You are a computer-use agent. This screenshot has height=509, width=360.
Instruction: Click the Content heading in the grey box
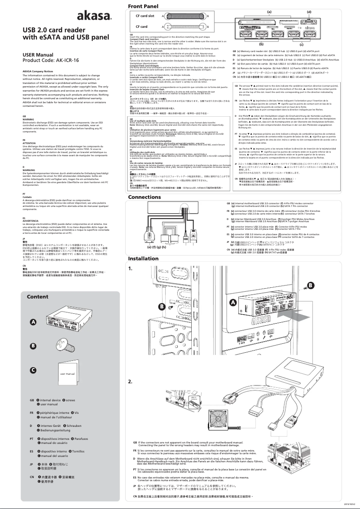38,297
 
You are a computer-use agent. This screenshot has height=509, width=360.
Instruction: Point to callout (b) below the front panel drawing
261,45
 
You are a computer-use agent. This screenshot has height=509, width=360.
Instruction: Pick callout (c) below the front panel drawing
301,45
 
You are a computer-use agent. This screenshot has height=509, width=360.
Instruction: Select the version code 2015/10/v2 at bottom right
349,505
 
